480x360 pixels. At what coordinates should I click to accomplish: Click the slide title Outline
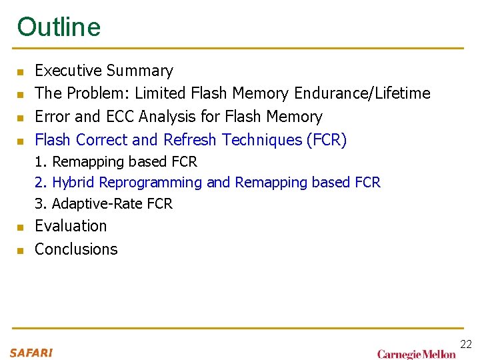tap(59, 27)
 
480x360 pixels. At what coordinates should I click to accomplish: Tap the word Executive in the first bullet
tap(67, 71)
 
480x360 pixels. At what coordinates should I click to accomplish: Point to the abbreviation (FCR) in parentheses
tap(327, 140)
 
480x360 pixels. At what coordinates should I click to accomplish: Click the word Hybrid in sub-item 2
tap(71, 182)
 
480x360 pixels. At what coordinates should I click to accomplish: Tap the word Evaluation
tap(71, 226)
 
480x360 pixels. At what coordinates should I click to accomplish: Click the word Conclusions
tap(76, 249)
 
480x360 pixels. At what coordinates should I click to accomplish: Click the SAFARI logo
tap(31, 352)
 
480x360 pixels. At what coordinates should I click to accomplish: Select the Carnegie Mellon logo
tap(417, 354)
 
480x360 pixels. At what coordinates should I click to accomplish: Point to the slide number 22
tap(466, 344)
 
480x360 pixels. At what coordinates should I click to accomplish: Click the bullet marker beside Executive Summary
tap(21, 72)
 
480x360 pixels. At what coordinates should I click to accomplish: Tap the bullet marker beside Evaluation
tap(21, 227)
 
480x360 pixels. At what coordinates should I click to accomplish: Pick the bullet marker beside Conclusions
tap(21, 251)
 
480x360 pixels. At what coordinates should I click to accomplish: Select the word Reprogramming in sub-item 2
tap(160, 182)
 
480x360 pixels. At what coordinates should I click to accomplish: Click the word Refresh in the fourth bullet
tap(191, 140)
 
